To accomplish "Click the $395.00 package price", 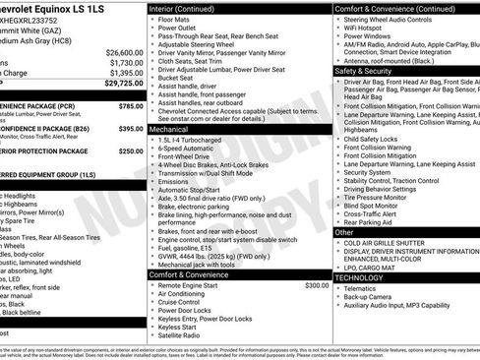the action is point(130,128).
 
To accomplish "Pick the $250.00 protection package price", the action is point(130,151).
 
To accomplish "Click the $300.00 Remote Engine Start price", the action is point(317,284).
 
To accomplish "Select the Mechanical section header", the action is point(171,129).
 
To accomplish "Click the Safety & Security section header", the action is point(364,72).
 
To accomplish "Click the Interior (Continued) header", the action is point(188,7).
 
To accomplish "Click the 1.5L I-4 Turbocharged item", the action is point(197,140).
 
